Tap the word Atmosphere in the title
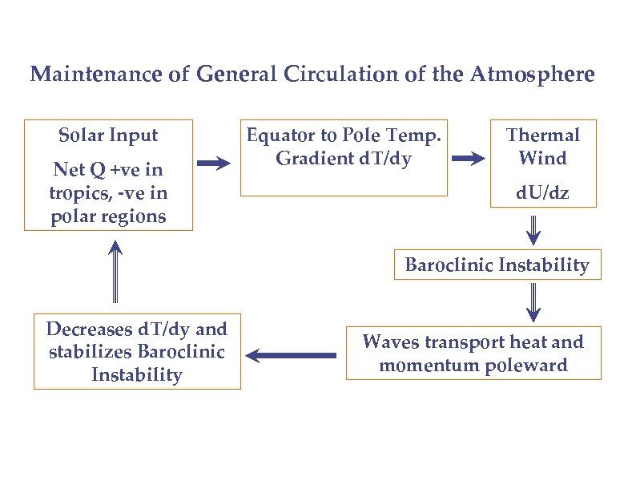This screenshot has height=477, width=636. coord(533,75)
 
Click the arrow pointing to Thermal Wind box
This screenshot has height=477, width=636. coord(469,159)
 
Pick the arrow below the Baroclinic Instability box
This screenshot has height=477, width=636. coord(533,302)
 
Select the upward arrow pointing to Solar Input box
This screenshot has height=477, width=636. coord(115,273)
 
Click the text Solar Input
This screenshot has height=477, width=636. coord(109,135)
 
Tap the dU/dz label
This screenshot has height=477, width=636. coord(543,192)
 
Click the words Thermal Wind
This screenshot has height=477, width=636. coord(542,147)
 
